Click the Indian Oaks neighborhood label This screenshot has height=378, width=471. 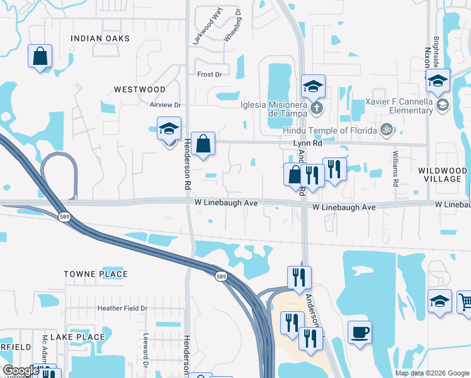(x=100, y=38)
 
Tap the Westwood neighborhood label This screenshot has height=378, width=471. (x=140, y=90)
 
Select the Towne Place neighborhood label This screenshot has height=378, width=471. (x=96, y=274)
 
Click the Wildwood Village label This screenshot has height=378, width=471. (x=442, y=175)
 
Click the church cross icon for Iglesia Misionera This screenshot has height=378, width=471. (x=316, y=108)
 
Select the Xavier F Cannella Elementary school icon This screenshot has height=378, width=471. (x=442, y=105)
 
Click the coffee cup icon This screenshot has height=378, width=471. (x=360, y=332)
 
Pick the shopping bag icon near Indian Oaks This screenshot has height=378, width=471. (x=40, y=55)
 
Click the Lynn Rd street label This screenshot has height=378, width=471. (x=307, y=144)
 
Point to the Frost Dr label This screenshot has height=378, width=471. (x=210, y=74)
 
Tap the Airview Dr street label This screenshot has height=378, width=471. (x=165, y=105)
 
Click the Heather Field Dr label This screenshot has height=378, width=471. (x=122, y=308)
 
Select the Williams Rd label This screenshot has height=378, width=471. (x=395, y=169)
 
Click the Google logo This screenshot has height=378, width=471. (x=20, y=370)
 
